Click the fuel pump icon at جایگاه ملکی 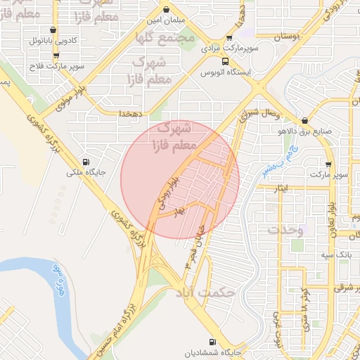coord(85,160)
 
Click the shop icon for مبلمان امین coord(166,10)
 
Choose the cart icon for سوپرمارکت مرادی coord(229,39)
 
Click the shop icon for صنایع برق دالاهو coord(304,120)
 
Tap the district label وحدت coord(285,231)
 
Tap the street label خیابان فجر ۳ coord(195,246)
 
